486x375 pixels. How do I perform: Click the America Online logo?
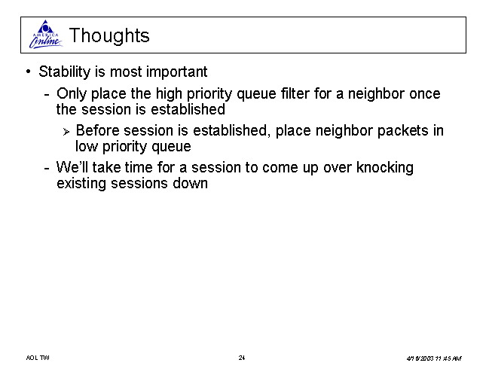click(46, 35)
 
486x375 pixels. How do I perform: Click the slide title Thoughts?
click(109, 35)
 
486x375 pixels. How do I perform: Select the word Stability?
click(65, 72)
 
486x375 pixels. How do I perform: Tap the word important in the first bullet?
click(176, 72)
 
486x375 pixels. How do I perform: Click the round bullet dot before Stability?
click(29, 72)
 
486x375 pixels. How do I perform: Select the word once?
click(425, 94)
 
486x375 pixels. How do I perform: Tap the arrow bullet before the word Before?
click(66, 133)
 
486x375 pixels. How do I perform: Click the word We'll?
click(72, 167)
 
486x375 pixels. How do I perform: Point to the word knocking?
click(384, 168)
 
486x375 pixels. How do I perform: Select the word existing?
click(81, 183)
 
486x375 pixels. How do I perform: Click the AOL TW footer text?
click(38, 358)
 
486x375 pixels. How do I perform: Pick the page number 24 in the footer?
click(242, 358)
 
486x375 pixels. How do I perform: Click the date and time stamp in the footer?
click(434, 358)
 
